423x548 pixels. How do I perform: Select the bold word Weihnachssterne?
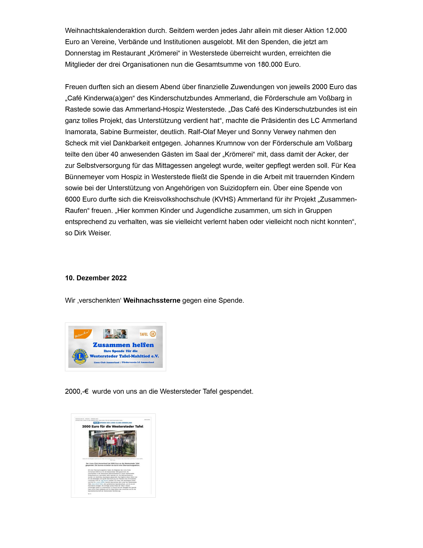click(152, 300)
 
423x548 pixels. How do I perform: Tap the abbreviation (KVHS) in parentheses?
click(224, 199)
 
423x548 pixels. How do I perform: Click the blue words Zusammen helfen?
click(123, 345)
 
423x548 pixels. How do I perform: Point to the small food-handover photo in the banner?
click(115, 334)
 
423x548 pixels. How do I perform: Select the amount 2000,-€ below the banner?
click(77, 391)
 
